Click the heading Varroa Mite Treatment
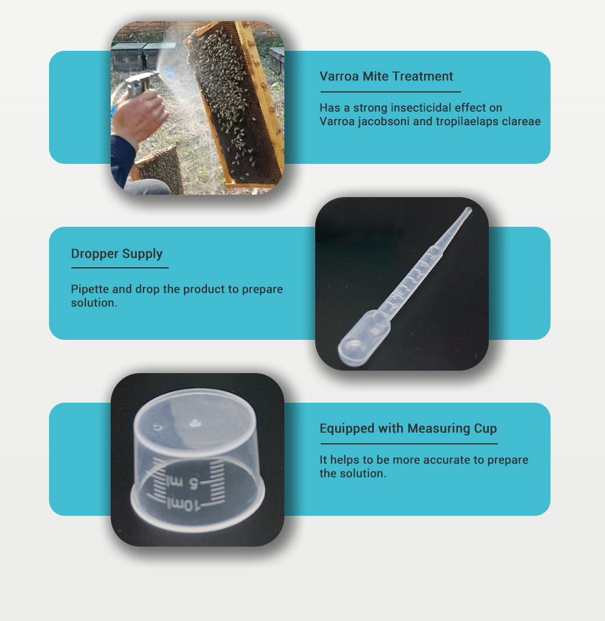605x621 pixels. click(386, 76)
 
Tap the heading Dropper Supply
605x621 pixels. click(117, 254)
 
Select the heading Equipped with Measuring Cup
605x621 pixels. click(408, 429)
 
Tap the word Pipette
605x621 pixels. click(90, 289)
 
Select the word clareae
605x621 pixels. click(521, 121)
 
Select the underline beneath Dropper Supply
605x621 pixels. click(120, 268)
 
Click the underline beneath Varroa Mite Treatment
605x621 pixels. click(391, 92)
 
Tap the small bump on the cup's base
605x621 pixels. click(195, 423)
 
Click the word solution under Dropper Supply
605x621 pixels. click(94, 303)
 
